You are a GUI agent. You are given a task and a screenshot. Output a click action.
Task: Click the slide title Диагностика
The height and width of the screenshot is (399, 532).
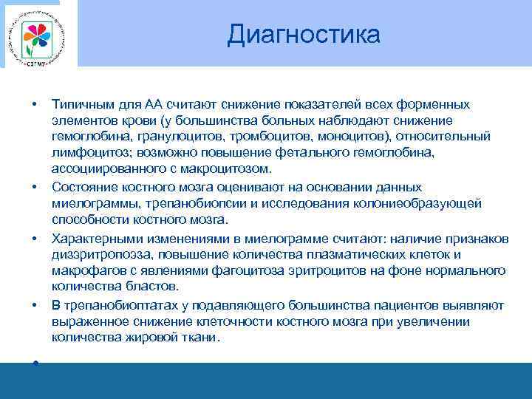tap(304, 34)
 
